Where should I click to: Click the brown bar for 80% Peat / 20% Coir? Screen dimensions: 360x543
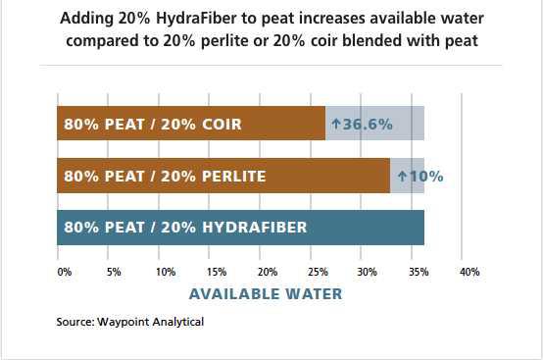coord(191,124)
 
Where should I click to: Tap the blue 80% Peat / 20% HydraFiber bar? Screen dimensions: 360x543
coord(240,228)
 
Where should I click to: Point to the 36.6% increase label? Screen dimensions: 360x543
coord(362,125)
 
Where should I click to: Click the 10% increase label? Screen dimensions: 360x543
coord(420,177)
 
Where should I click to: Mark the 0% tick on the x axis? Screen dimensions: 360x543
coord(64,272)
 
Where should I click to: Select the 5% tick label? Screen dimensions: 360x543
coord(114,272)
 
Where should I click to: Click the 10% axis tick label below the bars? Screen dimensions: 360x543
coord(166,272)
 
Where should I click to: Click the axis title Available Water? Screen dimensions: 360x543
coord(266,293)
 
